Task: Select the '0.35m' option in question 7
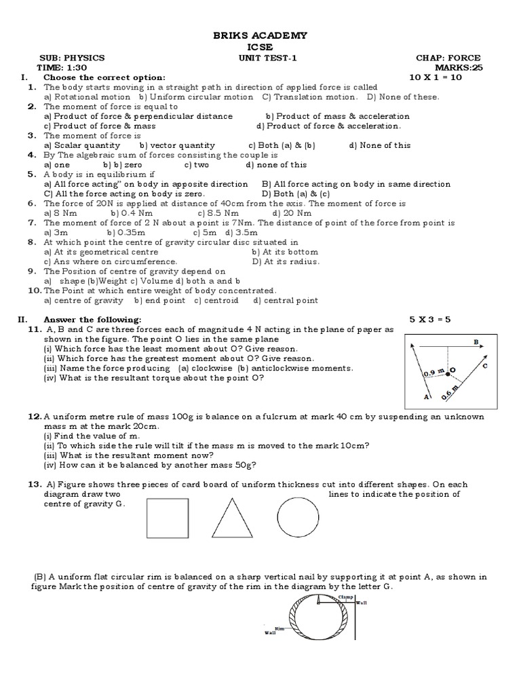121,232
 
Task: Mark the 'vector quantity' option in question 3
177,145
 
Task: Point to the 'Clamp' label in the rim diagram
346,595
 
